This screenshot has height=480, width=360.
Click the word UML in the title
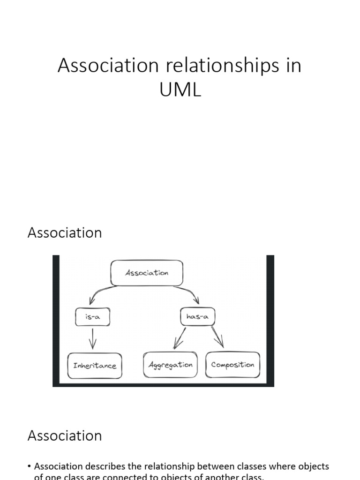point(180,90)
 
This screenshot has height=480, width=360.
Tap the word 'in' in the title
point(293,66)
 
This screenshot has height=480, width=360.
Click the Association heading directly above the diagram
point(65,232)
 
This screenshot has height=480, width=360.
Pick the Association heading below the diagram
point(65,435)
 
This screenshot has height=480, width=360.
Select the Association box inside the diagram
point(147,273)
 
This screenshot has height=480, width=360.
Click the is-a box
point(92,317)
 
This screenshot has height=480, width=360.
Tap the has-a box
point(197,317)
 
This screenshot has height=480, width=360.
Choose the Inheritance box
point(95,366)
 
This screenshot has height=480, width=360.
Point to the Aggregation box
point(171,365)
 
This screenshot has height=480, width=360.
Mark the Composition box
point(232,365)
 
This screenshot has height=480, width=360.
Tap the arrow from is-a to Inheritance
point(92,338)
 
